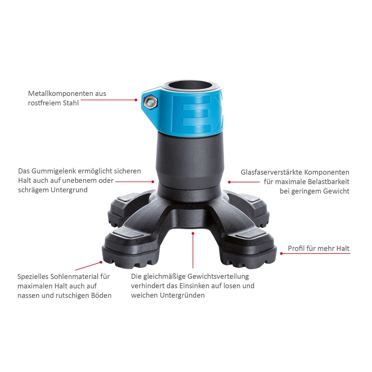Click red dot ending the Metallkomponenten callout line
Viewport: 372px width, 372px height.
[136, 100]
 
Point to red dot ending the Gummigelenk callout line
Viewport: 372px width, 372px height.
[153, 181]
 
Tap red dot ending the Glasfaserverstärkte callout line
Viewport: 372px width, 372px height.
[229, 182]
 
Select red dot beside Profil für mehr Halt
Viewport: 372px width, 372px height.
[281, 254]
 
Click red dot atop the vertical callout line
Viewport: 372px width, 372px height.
[193, 233]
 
